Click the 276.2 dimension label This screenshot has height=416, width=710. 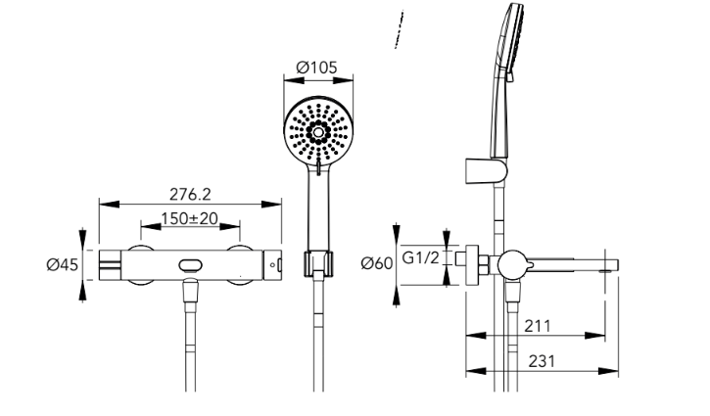(190, 194)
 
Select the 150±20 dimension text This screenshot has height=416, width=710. (190, 218)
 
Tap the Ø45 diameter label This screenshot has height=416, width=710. (63, 264)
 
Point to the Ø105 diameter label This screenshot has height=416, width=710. (317, 68)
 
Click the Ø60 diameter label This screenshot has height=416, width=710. (377, 263)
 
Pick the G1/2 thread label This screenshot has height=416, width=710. (421, 257)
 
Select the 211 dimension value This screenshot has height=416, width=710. (538, 326)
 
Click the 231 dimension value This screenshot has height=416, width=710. (542, 361)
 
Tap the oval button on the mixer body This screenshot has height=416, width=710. (190, 265)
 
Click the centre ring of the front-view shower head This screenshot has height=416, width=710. (318, 132)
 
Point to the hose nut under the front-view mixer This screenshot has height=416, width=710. (190, 290)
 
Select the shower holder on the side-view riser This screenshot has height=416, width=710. (486, 171)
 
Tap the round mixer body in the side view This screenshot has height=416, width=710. (512, 265)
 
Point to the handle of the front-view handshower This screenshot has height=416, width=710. (318, 208)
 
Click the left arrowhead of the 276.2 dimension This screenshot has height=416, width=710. (109, 205)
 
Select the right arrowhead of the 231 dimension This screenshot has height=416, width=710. (608, 371)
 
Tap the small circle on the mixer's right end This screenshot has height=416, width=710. (272, 265)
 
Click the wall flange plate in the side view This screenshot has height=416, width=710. (472, 265)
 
